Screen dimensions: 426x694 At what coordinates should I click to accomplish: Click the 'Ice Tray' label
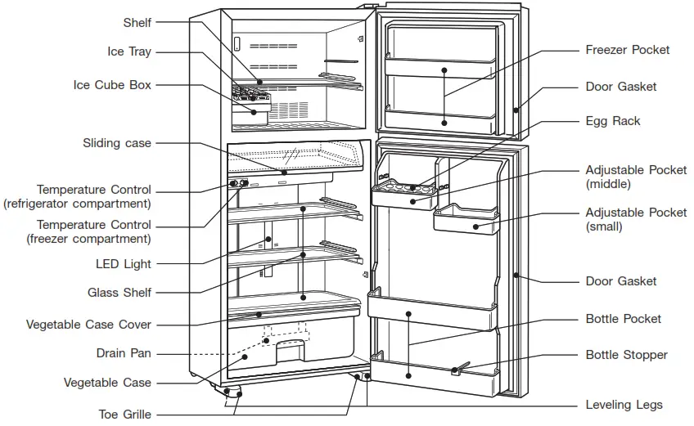click(x=129, y=52)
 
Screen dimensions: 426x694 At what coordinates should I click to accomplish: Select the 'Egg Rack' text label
click(x=613, y=121)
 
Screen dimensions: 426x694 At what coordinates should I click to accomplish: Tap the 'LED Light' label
click(x=124, y=264)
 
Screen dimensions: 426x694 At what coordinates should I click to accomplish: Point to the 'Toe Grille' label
click(x=125, y=414)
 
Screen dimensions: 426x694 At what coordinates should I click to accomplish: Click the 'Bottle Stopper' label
click(x=626, y=355)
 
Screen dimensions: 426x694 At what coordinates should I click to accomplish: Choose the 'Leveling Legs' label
click(x=624, y=405)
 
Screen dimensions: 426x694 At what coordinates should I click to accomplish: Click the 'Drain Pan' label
click(x=124, y=353)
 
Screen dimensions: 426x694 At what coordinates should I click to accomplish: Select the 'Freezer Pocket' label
click(x=627, y=50)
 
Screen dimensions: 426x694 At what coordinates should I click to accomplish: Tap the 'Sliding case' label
click(x=117, y=143)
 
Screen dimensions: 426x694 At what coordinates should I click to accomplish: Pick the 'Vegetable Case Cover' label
click(x=88, y=325)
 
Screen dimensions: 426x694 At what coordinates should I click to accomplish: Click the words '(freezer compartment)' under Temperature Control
click(x=78, y=239)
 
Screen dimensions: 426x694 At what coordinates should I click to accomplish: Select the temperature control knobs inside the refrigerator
click(x=238, y=184)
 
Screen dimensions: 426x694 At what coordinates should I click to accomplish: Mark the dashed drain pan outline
click(x=286, y=334)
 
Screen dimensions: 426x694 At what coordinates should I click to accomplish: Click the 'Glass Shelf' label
click(x=119, y=293)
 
